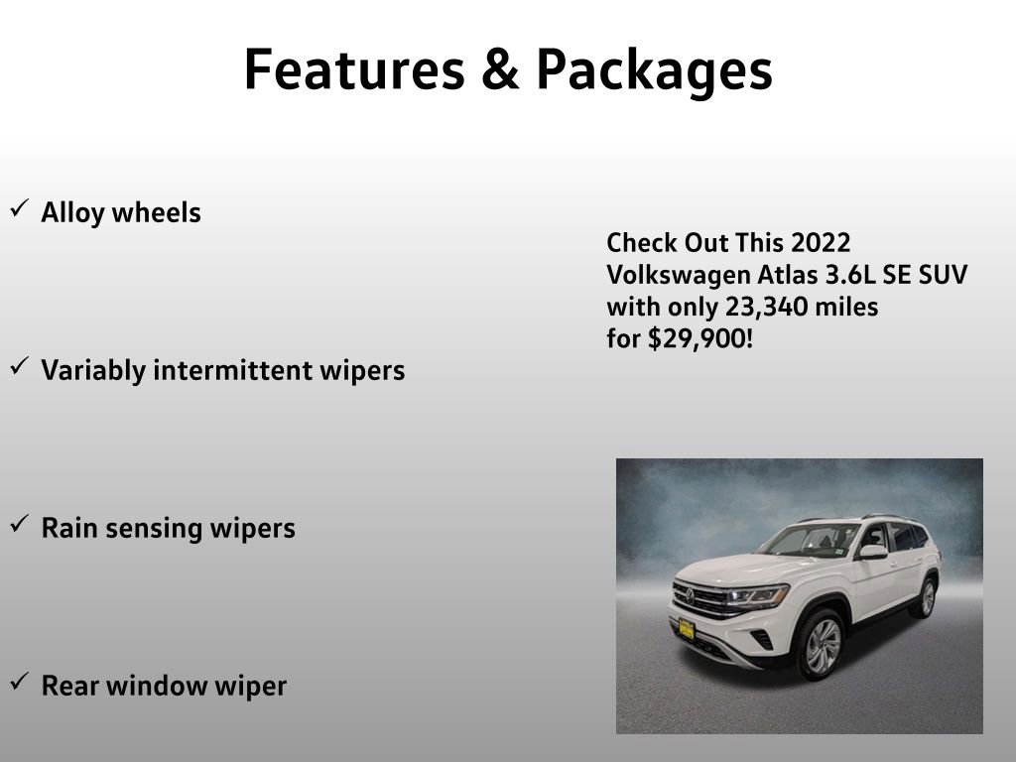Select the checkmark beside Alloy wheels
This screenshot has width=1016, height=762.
[19, 209]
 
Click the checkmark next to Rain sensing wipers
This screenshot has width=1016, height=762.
[19, 524]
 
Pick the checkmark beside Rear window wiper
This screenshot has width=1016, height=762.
[19, 682]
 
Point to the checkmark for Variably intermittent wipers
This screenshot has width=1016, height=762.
[19, 367]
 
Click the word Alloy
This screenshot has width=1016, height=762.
[72, 213]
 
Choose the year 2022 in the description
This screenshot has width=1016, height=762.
[821, 243]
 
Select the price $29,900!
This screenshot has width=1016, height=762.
[700, 339]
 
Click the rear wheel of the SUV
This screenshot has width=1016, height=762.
[927, 598]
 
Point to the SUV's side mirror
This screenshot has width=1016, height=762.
[872, 551]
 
